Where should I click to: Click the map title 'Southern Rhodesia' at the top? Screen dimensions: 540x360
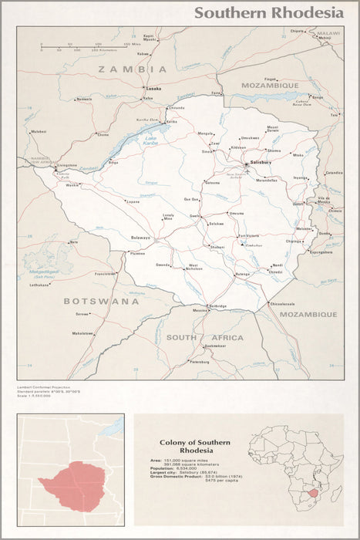tap(268, 12)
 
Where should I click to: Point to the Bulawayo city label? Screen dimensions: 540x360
tap(140, 238)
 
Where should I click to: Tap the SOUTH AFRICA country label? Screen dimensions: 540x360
tap(204, 337)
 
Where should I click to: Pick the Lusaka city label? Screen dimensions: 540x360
tap(154, 89)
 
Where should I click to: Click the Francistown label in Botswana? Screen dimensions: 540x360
tap(104, 274)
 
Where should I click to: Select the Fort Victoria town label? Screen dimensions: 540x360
tap(248, 236)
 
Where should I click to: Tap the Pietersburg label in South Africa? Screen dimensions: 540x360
tap(199, 361)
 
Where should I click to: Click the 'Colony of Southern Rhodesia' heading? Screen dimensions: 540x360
tap(194, 446)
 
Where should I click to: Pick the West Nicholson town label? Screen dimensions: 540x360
tap(196, 268)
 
